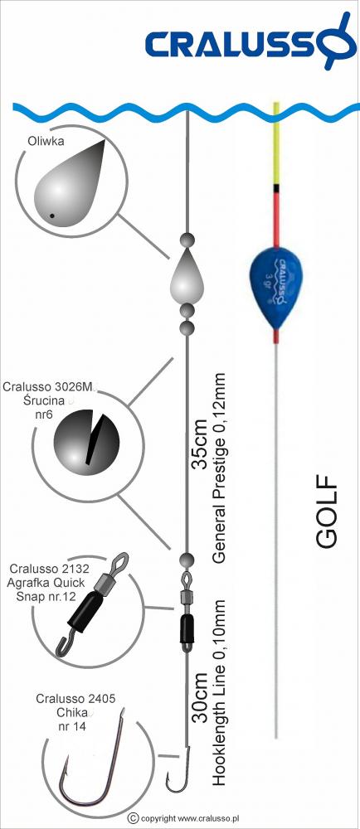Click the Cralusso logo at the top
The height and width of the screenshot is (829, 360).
tap(249, 41)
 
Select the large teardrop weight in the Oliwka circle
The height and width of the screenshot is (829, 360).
tap(69, 184)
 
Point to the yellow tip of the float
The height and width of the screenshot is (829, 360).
tap(275, 144)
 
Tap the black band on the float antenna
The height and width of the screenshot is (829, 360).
tap(275, 188)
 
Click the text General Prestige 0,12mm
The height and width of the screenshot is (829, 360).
tap(220, 468)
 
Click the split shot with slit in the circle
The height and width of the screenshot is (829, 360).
tap(86, 439)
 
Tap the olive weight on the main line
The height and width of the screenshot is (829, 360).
tap(187, 275)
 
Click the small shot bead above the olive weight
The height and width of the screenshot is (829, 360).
tap(187, 240)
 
